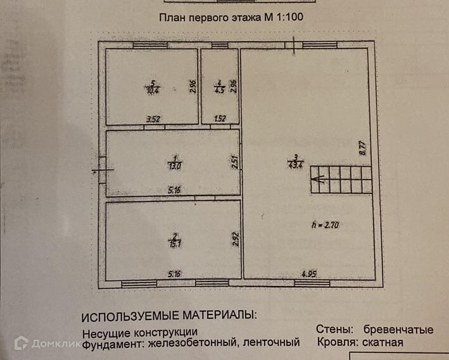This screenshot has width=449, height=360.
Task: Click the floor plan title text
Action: [231, 18]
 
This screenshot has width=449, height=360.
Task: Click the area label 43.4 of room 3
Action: [295, 165]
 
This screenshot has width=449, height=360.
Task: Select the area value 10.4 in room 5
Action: [152, 90]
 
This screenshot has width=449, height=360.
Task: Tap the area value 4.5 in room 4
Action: [218, 90]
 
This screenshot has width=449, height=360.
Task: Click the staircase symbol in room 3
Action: [341, 180]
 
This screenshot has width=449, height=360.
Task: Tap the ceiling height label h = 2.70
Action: [327, 223]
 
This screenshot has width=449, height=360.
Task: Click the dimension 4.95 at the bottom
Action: [309, 273]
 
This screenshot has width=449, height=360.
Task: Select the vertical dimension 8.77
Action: [363, 148]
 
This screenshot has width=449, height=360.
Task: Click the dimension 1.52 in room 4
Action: [220, 118]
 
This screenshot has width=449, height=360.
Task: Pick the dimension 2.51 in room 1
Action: [234, 163]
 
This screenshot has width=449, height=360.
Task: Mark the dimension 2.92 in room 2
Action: [234, 239]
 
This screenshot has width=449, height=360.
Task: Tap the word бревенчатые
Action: [398, 330]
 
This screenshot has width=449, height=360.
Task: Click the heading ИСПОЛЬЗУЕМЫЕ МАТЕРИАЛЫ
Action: [170, 314]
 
